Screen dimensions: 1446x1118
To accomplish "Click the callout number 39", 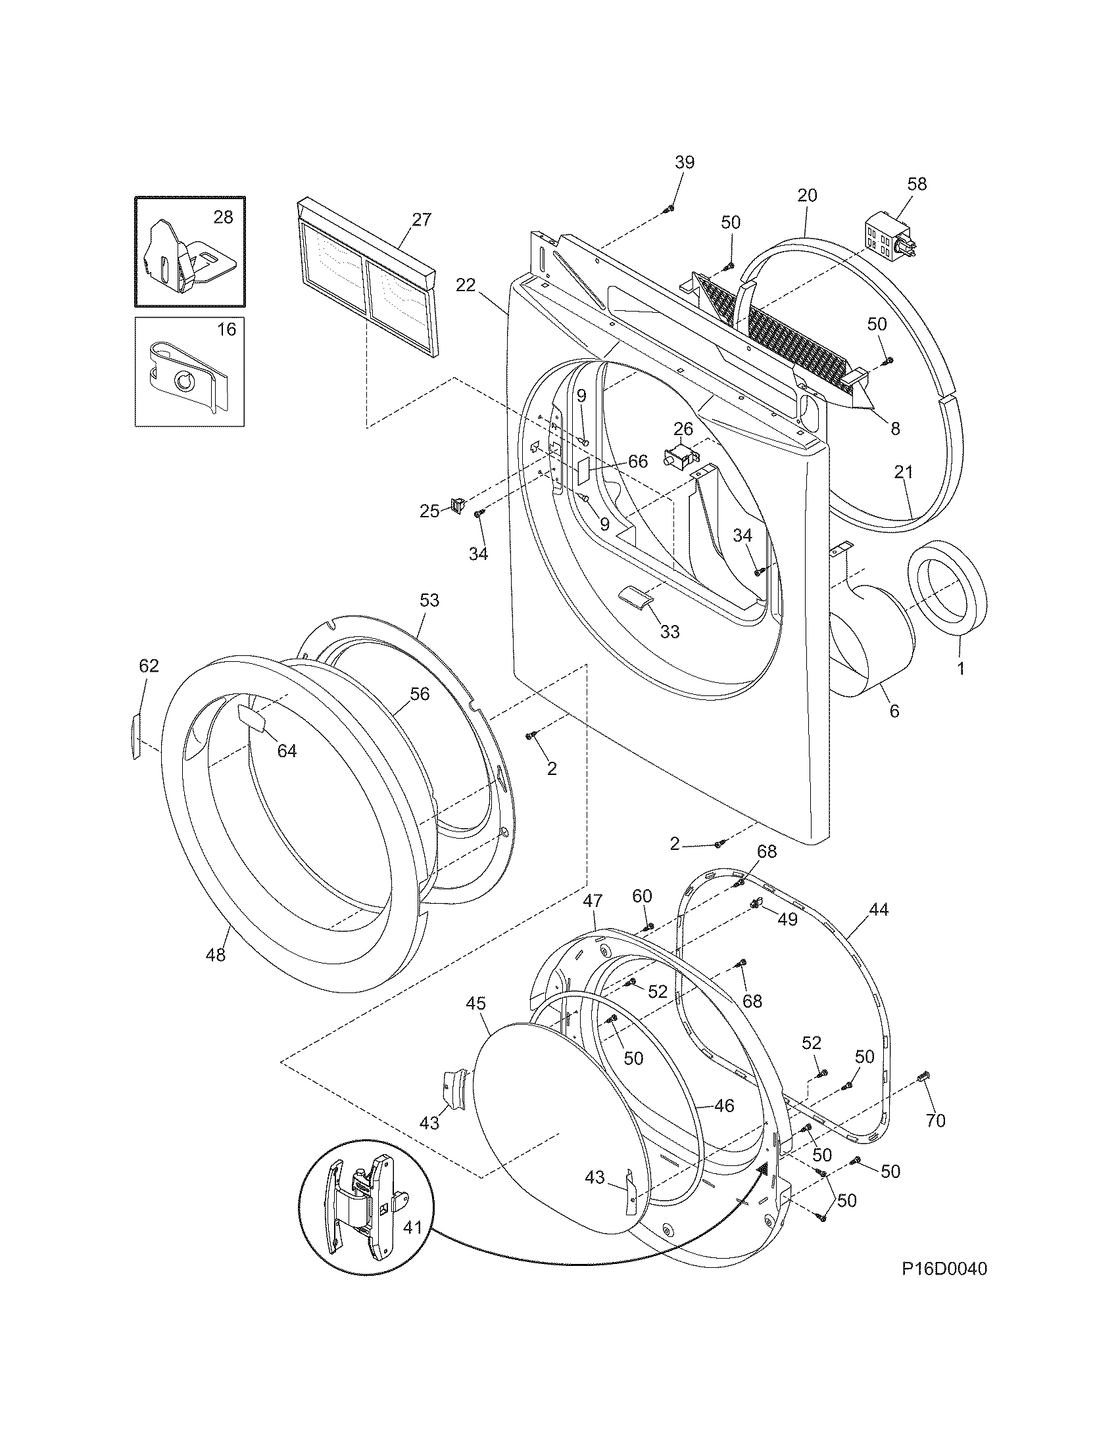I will [x=684, y=162].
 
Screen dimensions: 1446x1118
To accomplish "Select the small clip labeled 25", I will [x=456, y=505].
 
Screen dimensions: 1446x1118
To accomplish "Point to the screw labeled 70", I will [x=922, y=1079].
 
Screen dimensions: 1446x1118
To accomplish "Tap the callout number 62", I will [x=149, y=666].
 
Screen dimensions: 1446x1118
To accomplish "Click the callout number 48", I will [x=216, y=955].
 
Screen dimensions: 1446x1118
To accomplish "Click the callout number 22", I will [x=466, y=285].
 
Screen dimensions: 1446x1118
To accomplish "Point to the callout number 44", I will [x=878, y=910].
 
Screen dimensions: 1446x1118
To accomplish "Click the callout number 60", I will [x=642, y=896].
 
